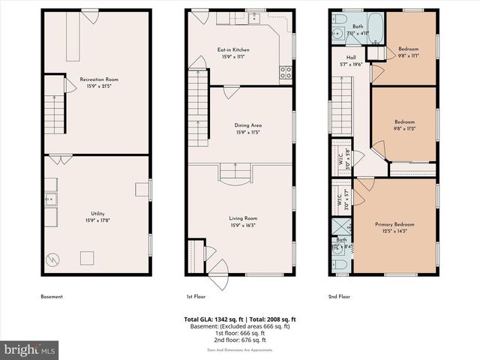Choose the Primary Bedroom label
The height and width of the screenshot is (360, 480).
(x=394, y=227)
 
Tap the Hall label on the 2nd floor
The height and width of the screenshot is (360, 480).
(x=351, y=61)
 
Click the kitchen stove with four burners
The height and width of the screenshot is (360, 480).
(x=286, y=73)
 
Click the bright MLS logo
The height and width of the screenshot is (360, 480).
(x=30, y=349)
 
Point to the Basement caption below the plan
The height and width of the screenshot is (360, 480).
(x=52, y=296)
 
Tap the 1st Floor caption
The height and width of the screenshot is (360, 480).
(x=196, y=296)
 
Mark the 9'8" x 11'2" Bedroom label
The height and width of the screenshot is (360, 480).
(x=405, y=124)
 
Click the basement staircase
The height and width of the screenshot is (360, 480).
(x=55, y=114)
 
